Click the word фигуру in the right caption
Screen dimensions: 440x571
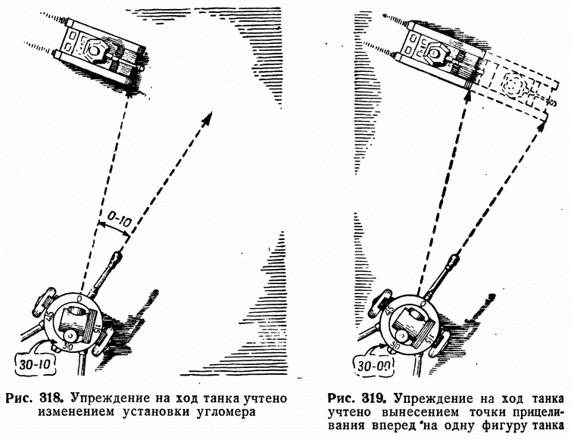(493, 429)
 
